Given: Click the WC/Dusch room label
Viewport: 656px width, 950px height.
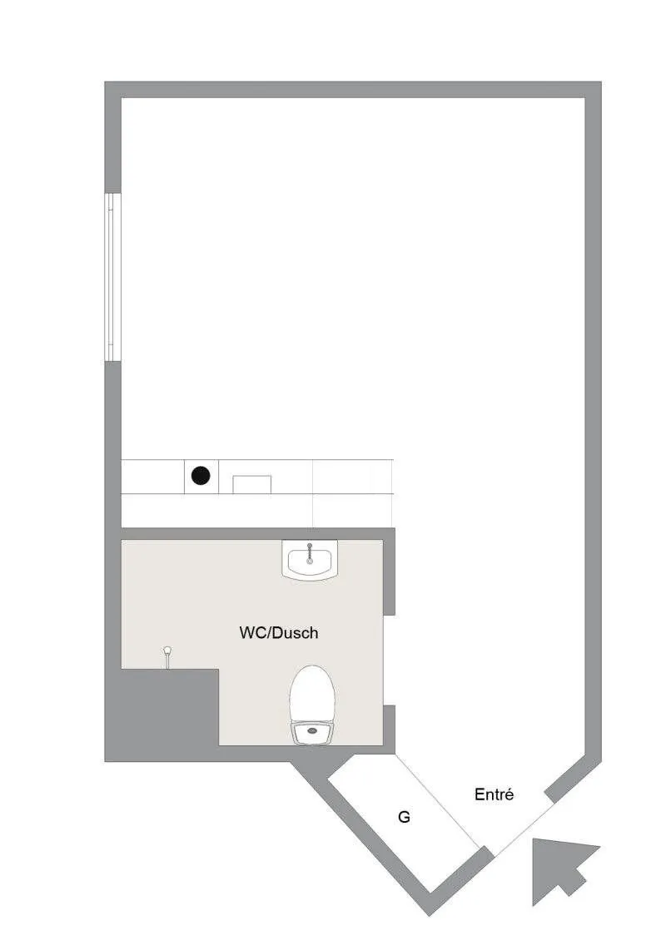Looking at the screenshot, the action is [278, 633].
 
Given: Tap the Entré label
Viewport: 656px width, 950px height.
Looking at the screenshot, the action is [494, 794].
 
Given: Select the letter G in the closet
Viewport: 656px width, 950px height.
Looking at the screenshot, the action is [404, 817].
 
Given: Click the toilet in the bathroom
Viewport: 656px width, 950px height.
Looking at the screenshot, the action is [313, 705].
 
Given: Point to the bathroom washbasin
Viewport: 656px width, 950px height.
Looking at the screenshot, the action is [309, 559].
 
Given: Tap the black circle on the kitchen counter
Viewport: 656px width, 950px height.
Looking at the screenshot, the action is [201, 476].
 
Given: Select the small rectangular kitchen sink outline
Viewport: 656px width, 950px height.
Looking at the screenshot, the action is [252, 485].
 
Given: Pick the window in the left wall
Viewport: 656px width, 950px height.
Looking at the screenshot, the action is [112, 277].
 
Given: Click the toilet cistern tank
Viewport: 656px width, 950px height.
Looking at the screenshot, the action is [313, 733].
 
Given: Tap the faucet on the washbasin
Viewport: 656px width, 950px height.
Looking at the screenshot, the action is [310, 552].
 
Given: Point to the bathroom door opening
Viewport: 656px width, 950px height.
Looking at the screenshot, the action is [390, 661].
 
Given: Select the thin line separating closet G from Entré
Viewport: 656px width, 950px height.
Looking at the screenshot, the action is [438, 800].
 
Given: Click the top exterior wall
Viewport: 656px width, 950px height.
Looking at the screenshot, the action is [353, 90].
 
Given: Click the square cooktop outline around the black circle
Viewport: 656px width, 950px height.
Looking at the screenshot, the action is [201, 476].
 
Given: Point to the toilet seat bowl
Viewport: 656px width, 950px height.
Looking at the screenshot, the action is [313, 693].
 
